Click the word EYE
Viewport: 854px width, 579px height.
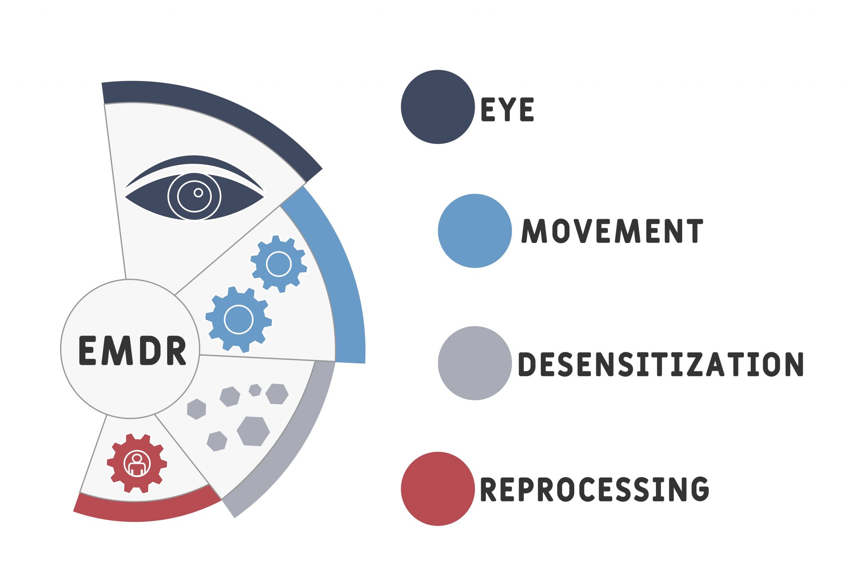507,109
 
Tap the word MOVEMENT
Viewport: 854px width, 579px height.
612,231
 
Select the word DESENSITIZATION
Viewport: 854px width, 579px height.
661,364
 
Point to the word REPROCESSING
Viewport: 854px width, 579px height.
594,489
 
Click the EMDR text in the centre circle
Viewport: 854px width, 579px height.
132,351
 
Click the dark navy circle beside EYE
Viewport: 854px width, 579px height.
437,107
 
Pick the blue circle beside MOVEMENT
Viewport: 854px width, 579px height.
475,231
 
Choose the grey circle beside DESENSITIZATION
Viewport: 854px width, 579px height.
475,363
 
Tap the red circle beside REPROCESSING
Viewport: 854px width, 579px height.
437,488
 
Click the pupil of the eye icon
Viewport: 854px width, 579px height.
198,192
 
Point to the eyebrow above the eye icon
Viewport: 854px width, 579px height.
194,165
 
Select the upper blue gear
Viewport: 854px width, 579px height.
279,264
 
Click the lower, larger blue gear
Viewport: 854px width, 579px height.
239,319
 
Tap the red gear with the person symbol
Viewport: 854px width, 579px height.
137,463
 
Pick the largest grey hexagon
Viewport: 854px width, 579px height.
253,431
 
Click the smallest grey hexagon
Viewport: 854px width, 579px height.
255,390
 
